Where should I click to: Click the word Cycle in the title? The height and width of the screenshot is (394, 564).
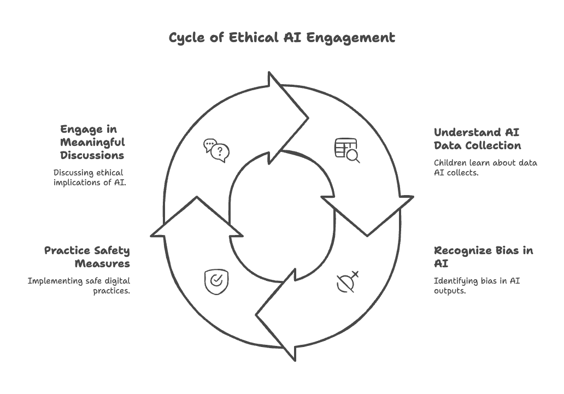(x=187, y=38)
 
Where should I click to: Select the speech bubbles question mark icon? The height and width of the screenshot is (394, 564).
(x=216, y=150)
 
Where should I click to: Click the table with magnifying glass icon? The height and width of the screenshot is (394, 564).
(x=347, y=151)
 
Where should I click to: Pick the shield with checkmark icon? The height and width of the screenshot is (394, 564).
(x=216, y=281)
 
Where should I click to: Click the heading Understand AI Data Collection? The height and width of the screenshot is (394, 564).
(x=477, y=139)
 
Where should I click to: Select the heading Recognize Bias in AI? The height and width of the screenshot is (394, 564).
(x=483, y=257)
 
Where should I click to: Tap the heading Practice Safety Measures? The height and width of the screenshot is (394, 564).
(x=87, y=257)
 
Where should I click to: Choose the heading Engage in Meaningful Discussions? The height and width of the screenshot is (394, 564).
(x=92, y=142)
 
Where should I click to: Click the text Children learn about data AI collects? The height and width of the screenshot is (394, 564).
(x=485, y=167)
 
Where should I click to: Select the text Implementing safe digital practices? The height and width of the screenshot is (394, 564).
(x=79, y=286)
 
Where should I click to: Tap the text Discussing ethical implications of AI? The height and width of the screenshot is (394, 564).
(x=90, y=178)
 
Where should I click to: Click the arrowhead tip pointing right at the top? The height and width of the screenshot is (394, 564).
(x=308, y=117)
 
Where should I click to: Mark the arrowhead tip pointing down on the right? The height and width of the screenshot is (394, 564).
(x=367, y=236)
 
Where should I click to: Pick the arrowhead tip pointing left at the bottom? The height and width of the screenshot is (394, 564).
(x=256, y=315)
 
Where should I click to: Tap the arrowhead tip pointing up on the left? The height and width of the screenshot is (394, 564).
(x=196, y=197)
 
